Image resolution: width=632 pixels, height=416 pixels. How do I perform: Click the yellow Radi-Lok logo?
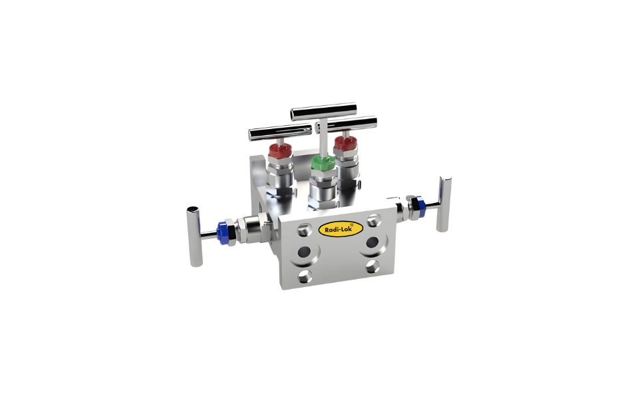tap(341, 229)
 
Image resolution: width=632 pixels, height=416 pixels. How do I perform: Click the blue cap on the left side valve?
tap(222, 231)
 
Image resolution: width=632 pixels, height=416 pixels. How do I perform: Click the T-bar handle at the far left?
tap(194, 237)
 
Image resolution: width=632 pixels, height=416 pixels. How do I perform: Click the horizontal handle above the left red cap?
tap(269, 132)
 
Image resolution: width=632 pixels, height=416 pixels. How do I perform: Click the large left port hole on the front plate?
tap(308, 252)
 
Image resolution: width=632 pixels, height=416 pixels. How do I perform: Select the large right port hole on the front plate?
tap(371, 241)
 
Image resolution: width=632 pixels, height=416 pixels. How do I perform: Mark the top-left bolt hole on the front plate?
tap(304, 229)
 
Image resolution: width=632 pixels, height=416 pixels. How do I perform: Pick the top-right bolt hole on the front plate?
tap(373, 218)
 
